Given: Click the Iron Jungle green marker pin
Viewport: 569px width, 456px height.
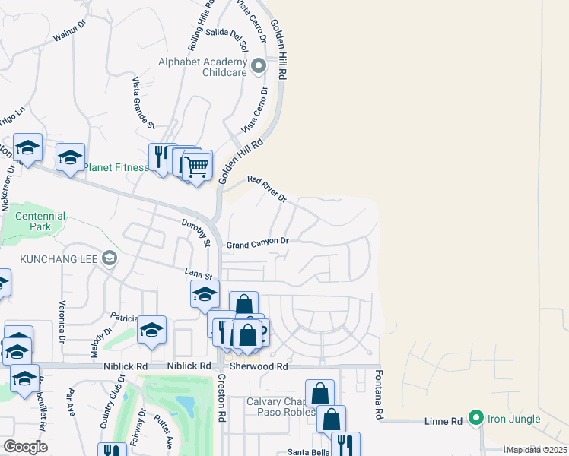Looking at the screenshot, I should coord(476,418).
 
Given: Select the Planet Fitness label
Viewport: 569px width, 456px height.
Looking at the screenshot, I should coord(116,167).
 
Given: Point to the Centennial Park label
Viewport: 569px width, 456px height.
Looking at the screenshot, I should coord(40,221).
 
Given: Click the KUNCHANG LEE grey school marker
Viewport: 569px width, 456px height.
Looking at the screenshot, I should coord(110,258).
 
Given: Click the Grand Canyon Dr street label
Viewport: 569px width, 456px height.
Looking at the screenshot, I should coord(258,243).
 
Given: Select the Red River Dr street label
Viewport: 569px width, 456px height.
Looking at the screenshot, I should coord(266,188).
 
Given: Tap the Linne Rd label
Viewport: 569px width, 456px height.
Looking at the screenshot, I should coord(445,421).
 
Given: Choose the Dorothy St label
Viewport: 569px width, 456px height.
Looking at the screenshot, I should coord(195,233).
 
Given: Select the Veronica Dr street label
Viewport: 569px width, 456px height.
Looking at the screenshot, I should coord(62,322).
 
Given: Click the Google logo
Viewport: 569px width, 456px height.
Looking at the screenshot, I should coord(25,447).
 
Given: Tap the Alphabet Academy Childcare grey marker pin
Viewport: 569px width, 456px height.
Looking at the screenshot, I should coord(259,66).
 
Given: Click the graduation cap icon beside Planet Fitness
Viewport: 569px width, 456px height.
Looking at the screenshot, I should coord(70,157).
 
